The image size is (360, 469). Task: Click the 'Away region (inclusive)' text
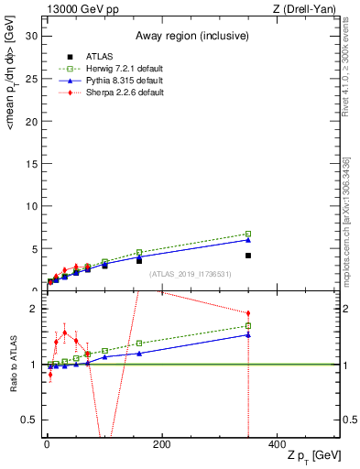click(x=191, y=36)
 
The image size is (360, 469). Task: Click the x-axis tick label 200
click(x=161, y=444)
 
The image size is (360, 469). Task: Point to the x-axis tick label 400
click(x=277, y=444)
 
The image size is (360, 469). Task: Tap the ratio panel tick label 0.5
click(x=29, y=420)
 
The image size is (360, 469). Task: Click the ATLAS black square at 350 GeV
click(x=248, y=256)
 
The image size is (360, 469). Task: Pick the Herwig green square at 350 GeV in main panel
click(x=248, y=234)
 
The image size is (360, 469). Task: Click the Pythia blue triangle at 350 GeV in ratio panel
click(x=248, y=334)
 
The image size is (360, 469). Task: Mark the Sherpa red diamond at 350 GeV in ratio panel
click(x=248, y=313)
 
